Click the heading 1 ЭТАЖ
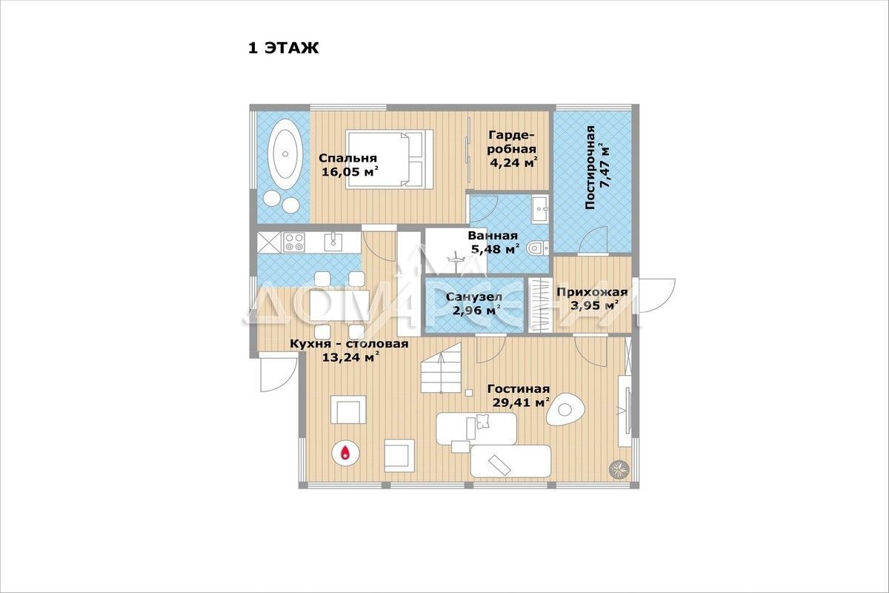(283, 48)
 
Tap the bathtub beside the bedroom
(285, 153)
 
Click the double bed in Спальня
(389, 159)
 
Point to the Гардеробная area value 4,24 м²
(514, 162)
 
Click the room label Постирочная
(590, 168)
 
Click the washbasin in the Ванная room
(540, 209)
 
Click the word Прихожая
(592, 292)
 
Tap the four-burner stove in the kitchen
(293, 242)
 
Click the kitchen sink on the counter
(333, 242)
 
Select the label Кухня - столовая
(349, 343)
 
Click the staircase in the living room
(441, 368)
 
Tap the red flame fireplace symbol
(346, 452)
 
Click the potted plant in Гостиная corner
(619, 469)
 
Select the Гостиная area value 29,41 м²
(521, 403)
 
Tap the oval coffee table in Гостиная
(565, 409)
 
